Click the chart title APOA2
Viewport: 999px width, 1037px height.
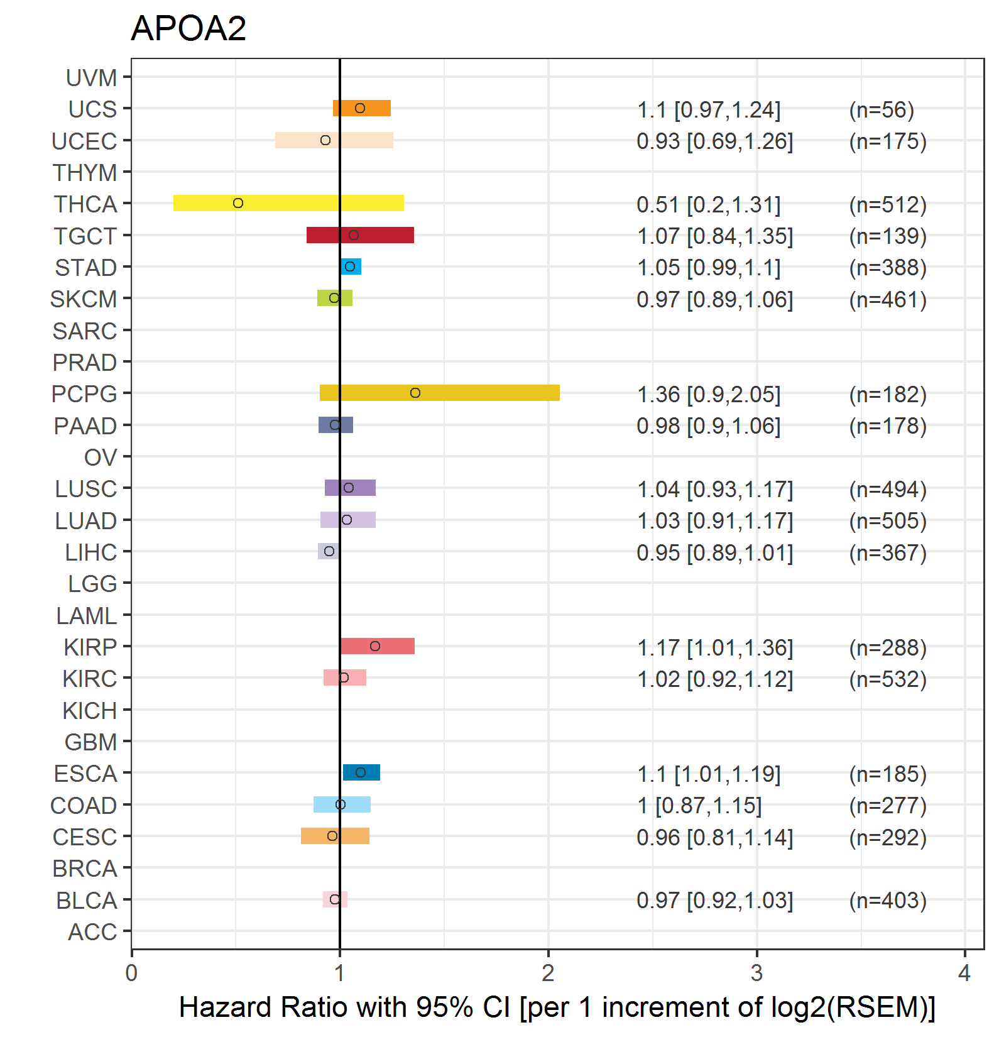(x=188, y=28)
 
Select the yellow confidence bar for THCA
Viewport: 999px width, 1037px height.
(x=288, y=203)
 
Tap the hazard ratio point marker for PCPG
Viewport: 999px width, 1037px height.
(x=415, y=393)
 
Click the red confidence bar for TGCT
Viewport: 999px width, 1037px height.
(x=360, y=235)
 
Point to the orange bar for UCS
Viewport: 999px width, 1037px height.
(x=362, y=108)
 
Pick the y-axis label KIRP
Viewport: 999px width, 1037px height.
(x=90, y=647)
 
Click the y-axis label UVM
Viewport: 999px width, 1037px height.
(x=92, y=78)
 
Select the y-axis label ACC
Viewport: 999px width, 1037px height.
(x=92, y=932)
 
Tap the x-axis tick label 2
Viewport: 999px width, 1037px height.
(x=548, y=973)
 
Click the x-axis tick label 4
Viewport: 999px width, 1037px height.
(x=964, y=973)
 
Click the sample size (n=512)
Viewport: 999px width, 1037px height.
(x=888, y=204)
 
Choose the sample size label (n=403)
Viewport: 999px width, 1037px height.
(x=888, y=900)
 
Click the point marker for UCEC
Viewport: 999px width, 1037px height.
(x=325, y=140)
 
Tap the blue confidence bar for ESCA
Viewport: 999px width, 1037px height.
(x=361, y=772)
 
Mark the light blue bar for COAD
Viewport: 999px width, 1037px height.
(x=342, y=804)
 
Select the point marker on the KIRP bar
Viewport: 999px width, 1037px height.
(x=375, y=646)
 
